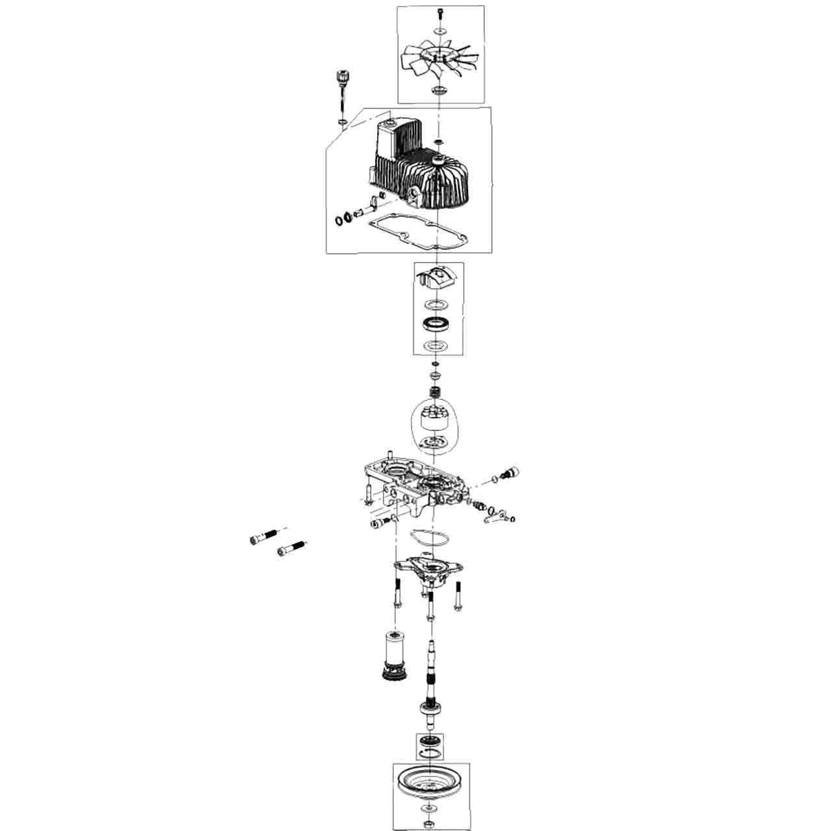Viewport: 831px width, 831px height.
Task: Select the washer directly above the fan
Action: (x=441, y=30)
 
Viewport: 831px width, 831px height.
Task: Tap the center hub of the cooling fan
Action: (x=441, y=56)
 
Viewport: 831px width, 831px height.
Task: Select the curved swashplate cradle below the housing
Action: (x=439, y=278)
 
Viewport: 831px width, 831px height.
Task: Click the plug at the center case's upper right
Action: (x=510, y=473)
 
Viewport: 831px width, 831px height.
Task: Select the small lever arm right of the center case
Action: (x=496, y=517)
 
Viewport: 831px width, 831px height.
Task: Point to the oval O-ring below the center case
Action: (x=429, y=538)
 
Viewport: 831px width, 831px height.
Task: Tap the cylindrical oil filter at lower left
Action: (x=393, y=652)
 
